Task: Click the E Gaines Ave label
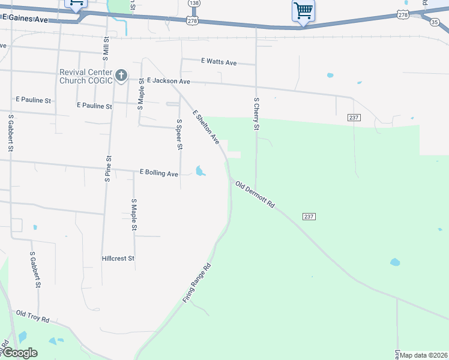point(25,20)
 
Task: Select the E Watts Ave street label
point(219,62)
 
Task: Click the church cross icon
point(121,76)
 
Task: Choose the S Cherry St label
point(256,114)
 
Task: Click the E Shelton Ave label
point(206,127)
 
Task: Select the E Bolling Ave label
point(159,173)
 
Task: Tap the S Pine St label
point(109,169)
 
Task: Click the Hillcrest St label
point(118,259)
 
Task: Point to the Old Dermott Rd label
point(255,194)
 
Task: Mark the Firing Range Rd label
point(199,282)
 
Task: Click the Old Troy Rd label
point(32,316)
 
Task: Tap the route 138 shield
point(193,3)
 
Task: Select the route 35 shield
point(434,22)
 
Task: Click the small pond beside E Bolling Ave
point(200,171)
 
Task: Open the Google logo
point(20,353)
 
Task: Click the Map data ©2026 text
point(424,355)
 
